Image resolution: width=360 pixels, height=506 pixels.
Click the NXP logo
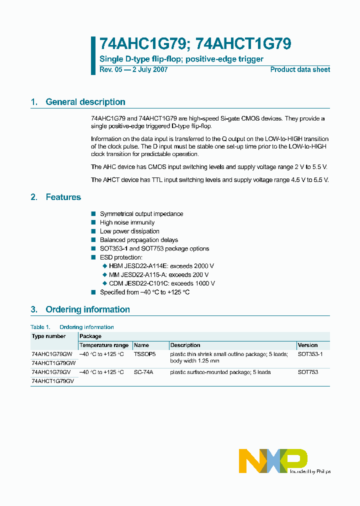tap(273, 460)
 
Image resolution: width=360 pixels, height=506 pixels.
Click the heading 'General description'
tap(85, 102)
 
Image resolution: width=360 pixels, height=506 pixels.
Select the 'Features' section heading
tap(63, 197)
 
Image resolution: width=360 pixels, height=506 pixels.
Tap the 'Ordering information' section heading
tap(87, 309)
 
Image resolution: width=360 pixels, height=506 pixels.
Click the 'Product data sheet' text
tap(300, 69)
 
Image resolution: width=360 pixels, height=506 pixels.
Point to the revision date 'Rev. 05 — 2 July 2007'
tap(133, 69)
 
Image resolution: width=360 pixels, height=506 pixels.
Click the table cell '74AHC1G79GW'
tap(52, 354)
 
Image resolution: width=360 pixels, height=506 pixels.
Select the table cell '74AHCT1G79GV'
tap(52, 381)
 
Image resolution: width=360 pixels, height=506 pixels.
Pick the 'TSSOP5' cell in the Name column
tap(145, 354)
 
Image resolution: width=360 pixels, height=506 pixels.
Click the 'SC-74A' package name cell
tap(143, 372)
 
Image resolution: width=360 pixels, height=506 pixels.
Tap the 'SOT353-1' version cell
tap(310, 354)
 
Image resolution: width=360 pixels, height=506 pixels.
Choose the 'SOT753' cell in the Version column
tap(307, 372)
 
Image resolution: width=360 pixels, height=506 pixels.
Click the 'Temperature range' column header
tap(104, 345)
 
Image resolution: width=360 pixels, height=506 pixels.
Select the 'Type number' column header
tap(48, 336)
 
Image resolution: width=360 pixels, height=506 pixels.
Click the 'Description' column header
tap(185, 345)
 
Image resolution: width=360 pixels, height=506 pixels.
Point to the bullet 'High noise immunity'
tap(127, 222)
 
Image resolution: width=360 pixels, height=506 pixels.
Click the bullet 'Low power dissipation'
tap(129, 231)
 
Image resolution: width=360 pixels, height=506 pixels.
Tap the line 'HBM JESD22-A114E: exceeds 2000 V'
tap(161, 266)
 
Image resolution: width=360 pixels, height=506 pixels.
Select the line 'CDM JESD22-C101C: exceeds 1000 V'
tap(161, 283)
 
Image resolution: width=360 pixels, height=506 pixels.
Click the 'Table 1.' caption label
tap(40, 327)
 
